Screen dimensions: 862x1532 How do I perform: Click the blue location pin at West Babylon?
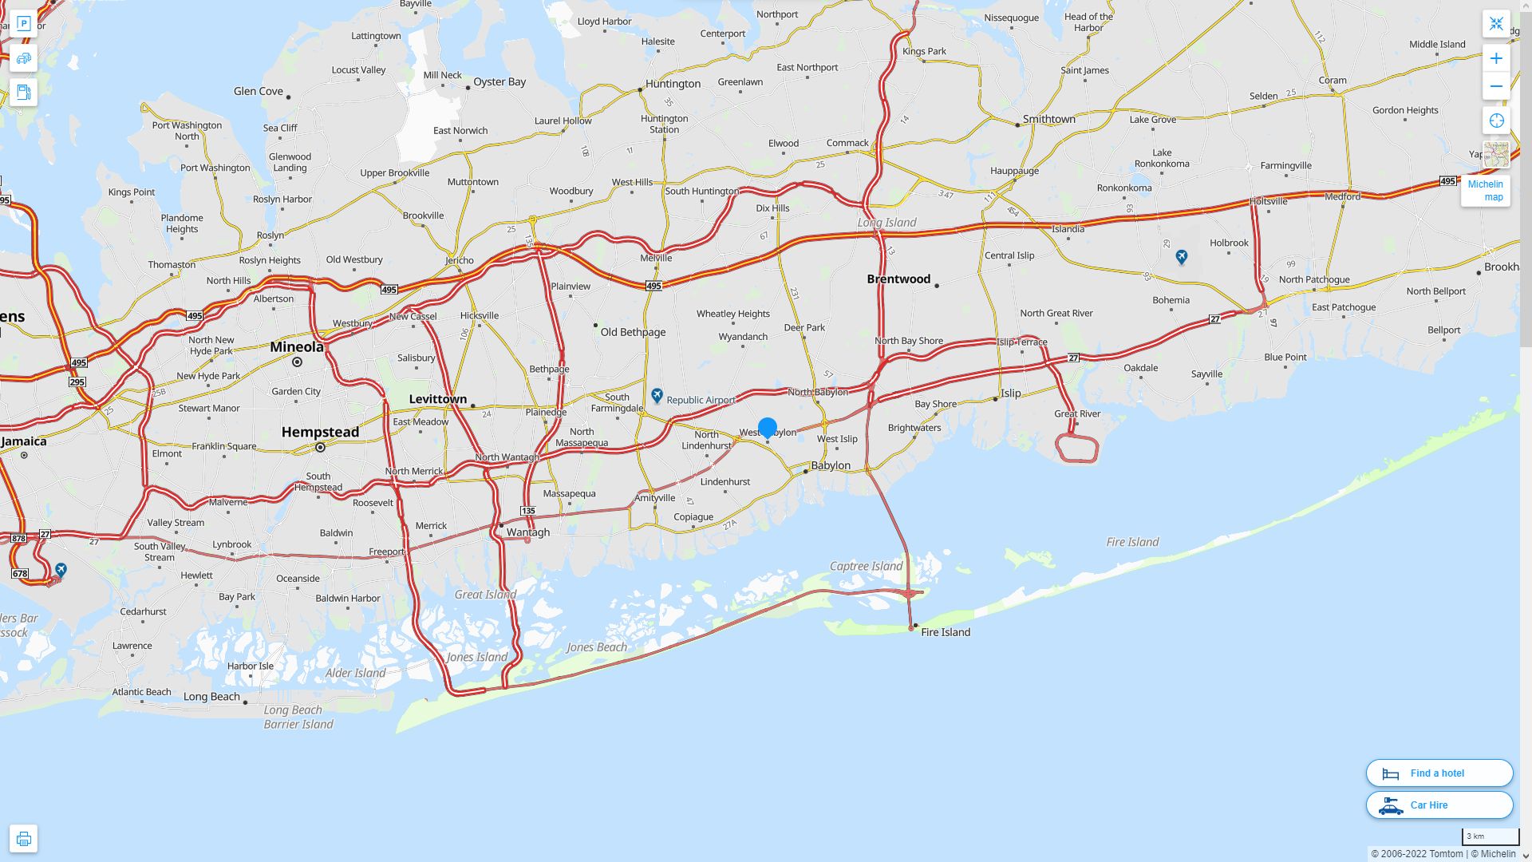click(767, 428)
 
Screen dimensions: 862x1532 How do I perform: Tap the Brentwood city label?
click(898, 279)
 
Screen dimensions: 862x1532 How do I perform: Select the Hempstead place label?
click(320, 433)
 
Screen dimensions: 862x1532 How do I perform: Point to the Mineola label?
click(297, 347)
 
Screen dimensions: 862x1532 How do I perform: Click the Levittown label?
click(437, 399)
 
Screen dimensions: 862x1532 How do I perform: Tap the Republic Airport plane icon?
click(657, 395)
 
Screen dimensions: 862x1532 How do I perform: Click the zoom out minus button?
click(1496, 86)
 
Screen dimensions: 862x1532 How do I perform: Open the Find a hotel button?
click(1439, 773)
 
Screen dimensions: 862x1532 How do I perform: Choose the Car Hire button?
click(1439, 805)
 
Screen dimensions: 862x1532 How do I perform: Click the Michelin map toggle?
click(1485, 191)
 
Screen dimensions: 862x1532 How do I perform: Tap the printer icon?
click(23, 839)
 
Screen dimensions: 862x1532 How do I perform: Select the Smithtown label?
click(1048, 120)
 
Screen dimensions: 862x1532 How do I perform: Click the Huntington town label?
click(673, 84)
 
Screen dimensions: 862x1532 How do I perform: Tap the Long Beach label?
click(211, 697)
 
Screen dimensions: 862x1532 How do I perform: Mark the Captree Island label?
click(866, 567)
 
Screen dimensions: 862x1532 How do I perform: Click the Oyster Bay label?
click(499, 81)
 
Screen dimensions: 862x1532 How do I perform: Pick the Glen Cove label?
click(258, 91)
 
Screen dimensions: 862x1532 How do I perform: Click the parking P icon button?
click(23, 24)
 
